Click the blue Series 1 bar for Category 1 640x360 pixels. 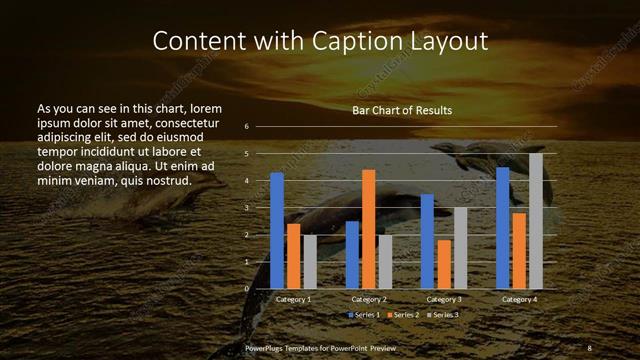tap(277, 231)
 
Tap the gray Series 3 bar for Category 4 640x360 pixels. tap(536, 221)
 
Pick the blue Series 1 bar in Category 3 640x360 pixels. tap(427, 241)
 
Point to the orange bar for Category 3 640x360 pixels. tap(444, 264)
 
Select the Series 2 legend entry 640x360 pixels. tap(403, 315)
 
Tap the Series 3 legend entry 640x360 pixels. tap(441, 315)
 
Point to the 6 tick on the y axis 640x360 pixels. tap(246, 127)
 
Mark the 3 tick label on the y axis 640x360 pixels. tap(246, 208)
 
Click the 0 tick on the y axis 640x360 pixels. tap(246, 289)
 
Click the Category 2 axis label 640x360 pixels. tap(369, 300)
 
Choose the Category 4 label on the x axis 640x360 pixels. tap(519, 300)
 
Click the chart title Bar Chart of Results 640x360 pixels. tap(402, 110)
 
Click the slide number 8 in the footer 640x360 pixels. tap(589, 346)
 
